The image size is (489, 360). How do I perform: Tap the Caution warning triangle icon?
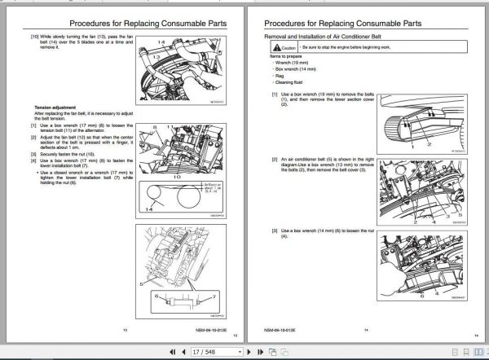coord(276,50)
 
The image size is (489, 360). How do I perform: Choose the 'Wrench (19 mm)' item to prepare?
coord(294,64)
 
